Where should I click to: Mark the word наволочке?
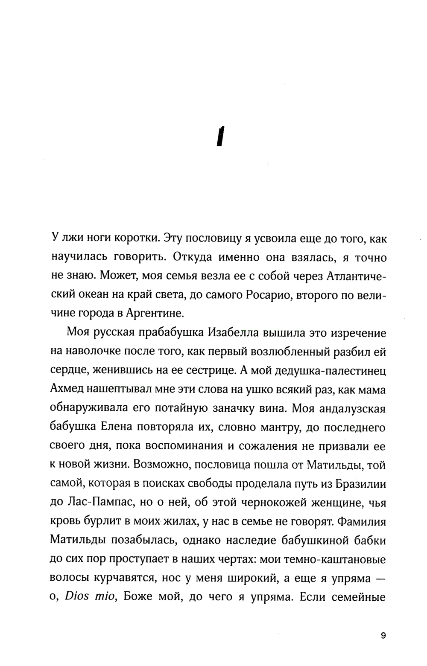[94, 350]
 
